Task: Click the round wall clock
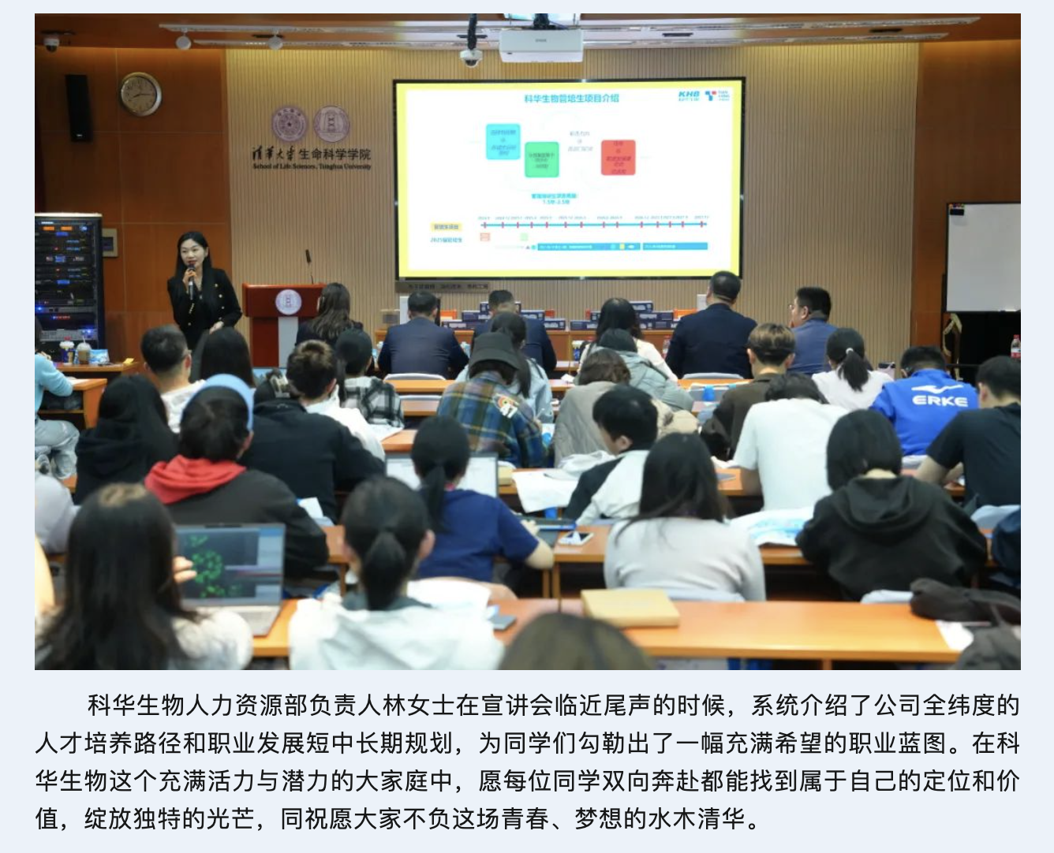click(x=140, y=95)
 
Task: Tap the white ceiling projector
click(x=540, y=45)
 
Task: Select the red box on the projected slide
click(x=618, y=158)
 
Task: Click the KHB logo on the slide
click(x=688, y=95)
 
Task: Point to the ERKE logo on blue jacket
click(x=939, y=400)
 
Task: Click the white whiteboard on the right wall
click(x=983, y=257)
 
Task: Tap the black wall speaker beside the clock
click(x=78, y=108)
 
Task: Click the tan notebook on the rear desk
click(x=630, y=608)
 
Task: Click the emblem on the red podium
click(x=288, y=301)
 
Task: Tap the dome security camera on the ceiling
click(x=471, y=57)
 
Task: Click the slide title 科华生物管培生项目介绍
click(x=571, y=99)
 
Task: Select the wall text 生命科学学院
click(x=335, y=155)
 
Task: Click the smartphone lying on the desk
click(x=575, y=538)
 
